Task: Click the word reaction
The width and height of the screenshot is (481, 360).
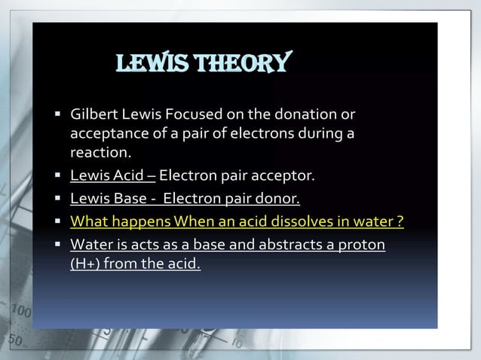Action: [100, 153]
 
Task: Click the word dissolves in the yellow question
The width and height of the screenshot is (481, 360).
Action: [296, 222]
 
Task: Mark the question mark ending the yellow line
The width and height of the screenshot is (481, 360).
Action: [400, 222]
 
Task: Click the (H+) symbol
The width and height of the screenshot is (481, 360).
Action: [87, 264]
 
